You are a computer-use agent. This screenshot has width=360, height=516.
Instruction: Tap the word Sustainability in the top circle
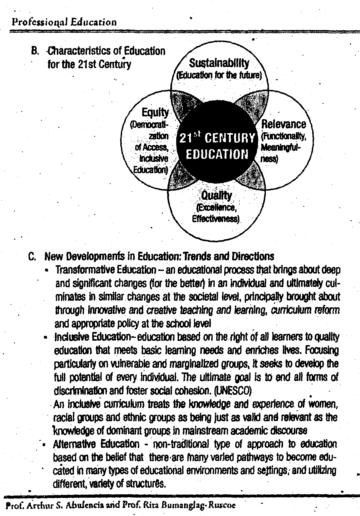[219, 63]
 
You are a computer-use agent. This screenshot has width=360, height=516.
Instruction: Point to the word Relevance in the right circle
[283, 124]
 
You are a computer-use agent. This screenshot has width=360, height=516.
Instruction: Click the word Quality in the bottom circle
[216, 196]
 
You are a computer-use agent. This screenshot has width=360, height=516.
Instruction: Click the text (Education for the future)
[219, 75]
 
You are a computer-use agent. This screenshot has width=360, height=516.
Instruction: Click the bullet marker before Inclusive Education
[45, 338]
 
